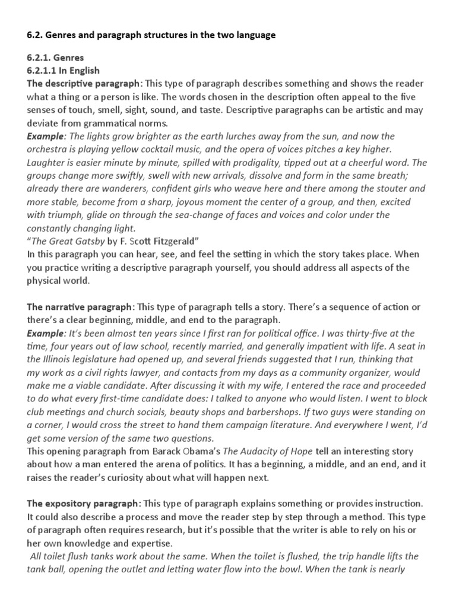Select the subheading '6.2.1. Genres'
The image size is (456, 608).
[56, 58]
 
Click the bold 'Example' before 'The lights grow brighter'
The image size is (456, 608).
[46, 137]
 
